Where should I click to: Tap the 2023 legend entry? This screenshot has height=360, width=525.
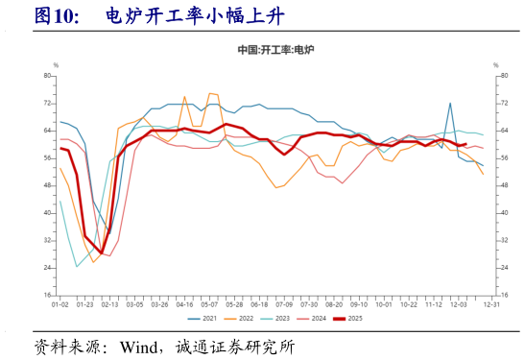point(281,318)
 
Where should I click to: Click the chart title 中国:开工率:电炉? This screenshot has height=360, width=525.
point(275,49)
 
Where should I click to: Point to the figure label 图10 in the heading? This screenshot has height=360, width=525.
point(55,15)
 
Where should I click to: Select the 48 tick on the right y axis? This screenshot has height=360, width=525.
point(501,185)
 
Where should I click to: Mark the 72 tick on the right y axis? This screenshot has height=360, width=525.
point(501,103)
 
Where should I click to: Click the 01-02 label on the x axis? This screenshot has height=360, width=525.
point(60,304)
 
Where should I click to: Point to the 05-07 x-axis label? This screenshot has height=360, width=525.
point(208,304)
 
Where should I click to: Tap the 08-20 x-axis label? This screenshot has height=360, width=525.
point(333,304)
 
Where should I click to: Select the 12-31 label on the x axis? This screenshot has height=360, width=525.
point(490,304)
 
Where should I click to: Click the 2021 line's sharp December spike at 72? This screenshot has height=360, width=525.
point(450,103)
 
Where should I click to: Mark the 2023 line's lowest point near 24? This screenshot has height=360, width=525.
point(77,267)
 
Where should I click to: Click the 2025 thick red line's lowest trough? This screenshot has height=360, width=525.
point(102,252)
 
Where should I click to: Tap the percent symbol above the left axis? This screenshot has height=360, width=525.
point(56,64)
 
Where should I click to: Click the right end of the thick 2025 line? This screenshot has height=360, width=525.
point(465,144)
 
